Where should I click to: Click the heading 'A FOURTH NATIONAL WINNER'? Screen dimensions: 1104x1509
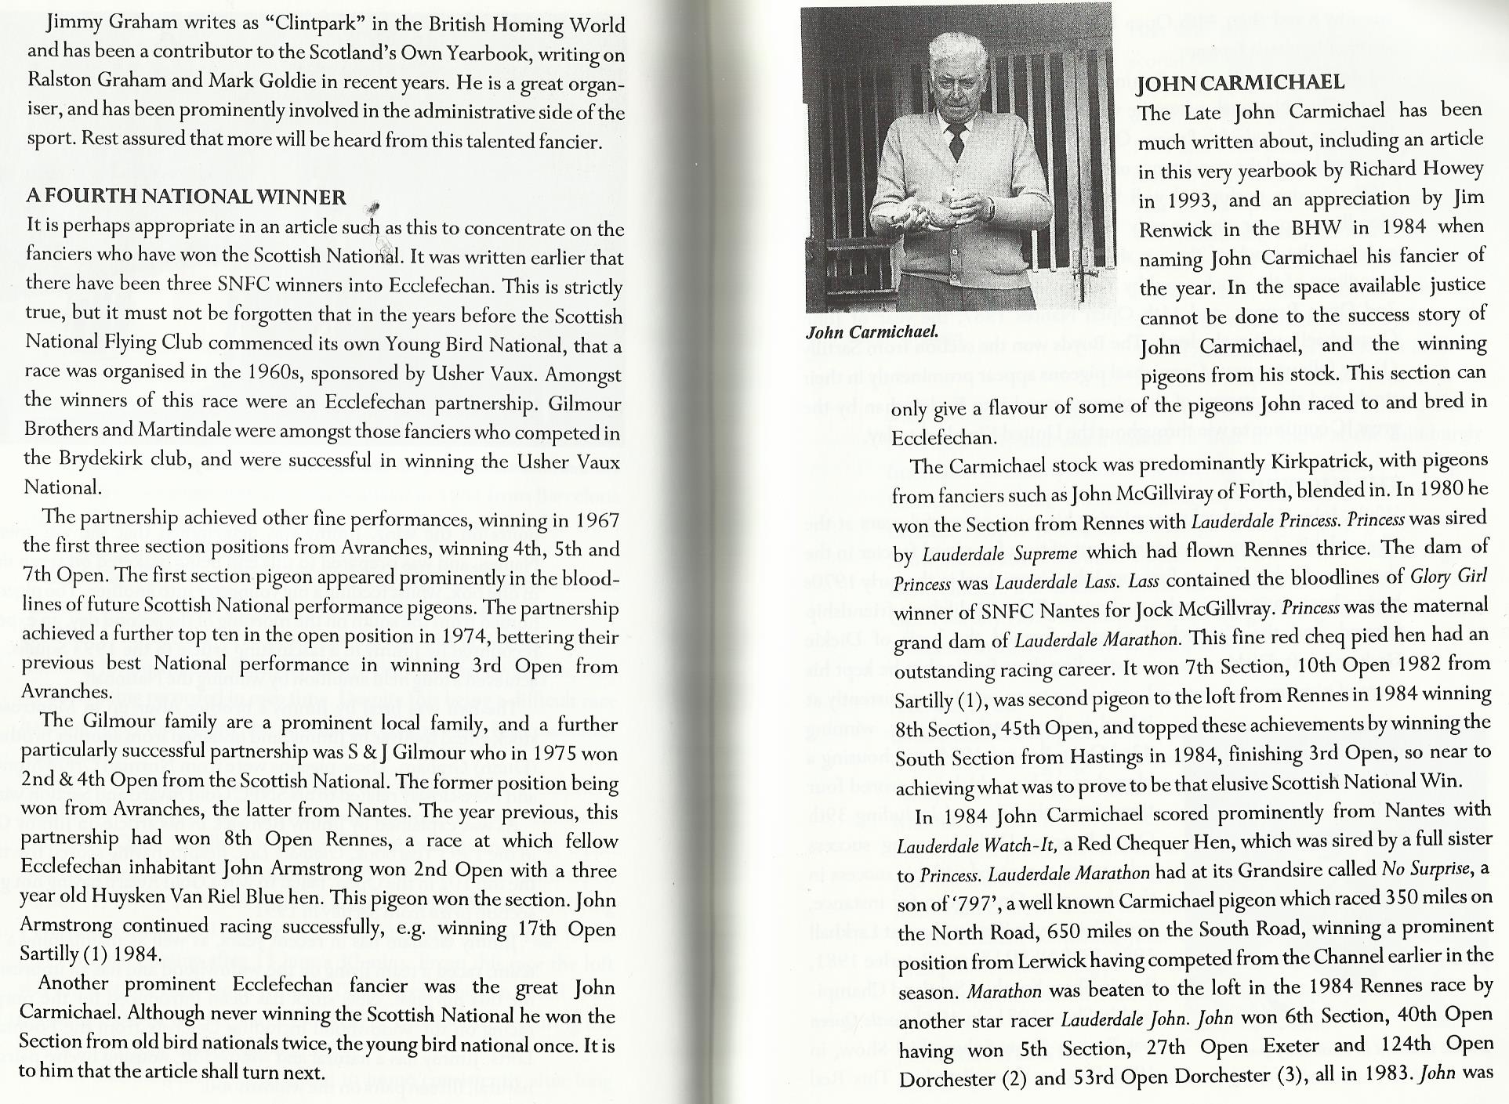[186, 197]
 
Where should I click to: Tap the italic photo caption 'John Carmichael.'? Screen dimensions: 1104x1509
[872, 332]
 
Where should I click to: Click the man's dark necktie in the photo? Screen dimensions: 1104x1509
[956, 141]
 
